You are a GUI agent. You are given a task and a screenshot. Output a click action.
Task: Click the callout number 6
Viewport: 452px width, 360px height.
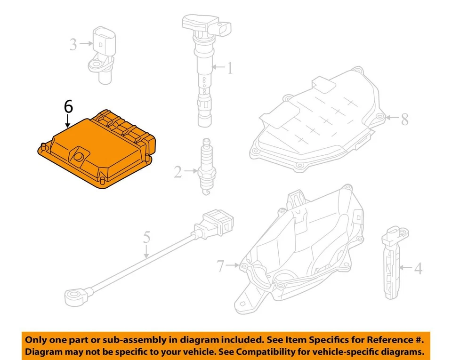coord(68,107)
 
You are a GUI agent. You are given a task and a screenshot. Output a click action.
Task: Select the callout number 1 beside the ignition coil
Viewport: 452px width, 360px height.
coord(229,69)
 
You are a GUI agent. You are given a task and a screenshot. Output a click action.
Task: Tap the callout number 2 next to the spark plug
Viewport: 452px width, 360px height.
coord(178,172)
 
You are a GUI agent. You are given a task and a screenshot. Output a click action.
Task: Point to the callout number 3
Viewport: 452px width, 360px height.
coord(73,44)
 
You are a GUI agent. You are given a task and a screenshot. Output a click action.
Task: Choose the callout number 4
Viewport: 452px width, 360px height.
coord(418,269)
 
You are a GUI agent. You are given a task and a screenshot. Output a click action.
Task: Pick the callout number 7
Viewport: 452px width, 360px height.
coord(221,266)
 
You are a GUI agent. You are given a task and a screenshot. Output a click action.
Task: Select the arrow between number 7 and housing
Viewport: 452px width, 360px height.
coord(234,266)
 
